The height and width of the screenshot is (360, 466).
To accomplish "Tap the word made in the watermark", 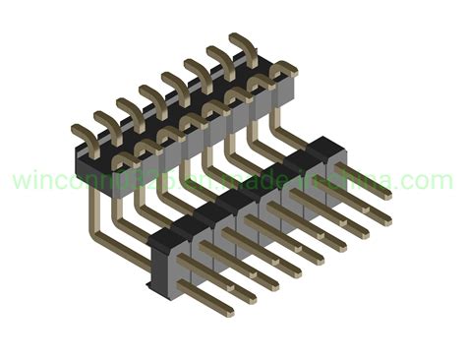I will [x=247, y=182].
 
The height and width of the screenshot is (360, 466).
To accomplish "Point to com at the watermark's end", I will [x=431, y=182].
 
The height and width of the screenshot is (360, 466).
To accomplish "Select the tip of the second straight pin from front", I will [x=253, y=295].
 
